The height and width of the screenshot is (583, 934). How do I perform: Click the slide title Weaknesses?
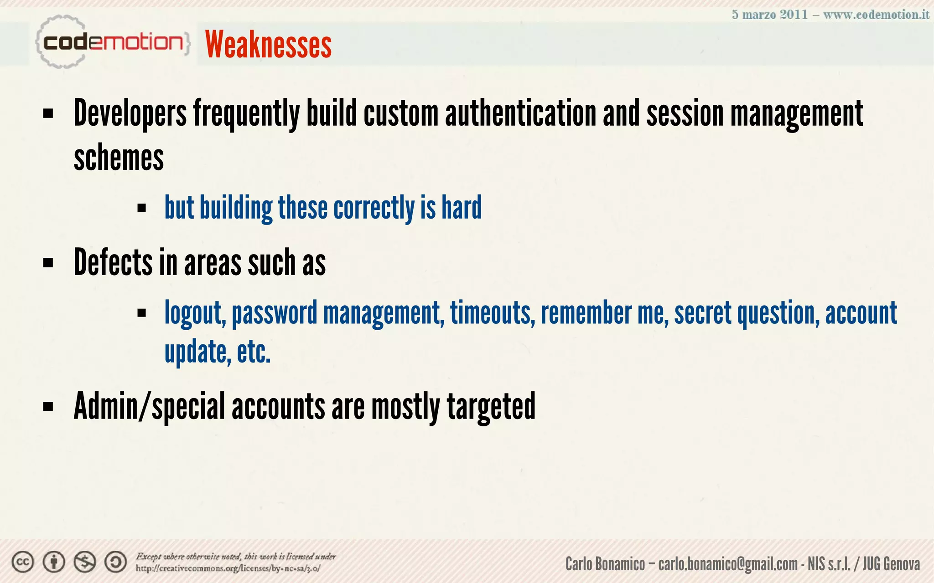click(x=268, y=45)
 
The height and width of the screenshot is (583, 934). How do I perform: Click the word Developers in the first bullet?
click(x=130, y=114)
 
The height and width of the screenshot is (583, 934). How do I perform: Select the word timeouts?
click(x=492, y=313)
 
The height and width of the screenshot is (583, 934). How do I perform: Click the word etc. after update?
click(x=254, y=352)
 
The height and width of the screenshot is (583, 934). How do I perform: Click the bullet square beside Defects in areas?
click(x=48, y=263)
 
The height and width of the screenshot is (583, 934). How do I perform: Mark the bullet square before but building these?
click(x=141, y=208)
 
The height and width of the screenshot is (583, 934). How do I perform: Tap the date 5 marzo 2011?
click(x=769, y=15)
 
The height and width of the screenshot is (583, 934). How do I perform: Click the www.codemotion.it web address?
click(x=876, y=15)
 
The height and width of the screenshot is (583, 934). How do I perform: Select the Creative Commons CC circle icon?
click(x=23, y=562)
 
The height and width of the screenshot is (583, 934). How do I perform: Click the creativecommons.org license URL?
click(x=228, y=568)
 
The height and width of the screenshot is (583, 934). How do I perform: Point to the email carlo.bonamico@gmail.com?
click(x=727, y=564)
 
